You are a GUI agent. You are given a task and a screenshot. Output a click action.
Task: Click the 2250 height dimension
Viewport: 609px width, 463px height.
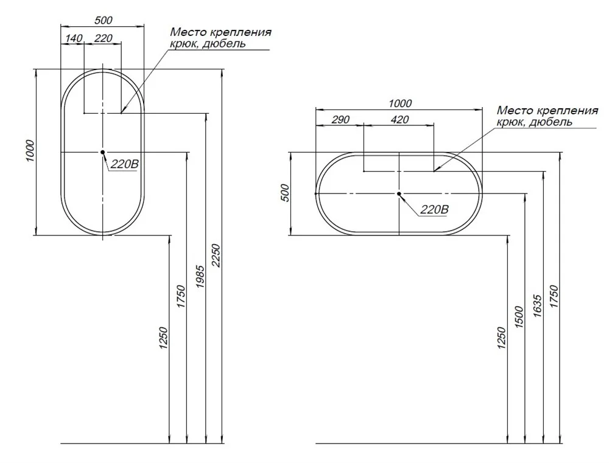216,256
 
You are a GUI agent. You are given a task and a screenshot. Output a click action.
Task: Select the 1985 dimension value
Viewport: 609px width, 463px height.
200,276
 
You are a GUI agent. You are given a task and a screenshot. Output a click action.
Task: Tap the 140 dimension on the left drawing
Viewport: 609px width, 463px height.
74,38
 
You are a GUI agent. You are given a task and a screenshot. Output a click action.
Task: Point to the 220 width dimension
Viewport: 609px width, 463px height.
104,38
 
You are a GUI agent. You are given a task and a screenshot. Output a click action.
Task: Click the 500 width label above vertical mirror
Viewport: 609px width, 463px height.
104,20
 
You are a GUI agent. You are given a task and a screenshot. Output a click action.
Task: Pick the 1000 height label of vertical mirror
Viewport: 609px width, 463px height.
30,151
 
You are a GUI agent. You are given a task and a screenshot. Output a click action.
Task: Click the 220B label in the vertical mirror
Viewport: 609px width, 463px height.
124,164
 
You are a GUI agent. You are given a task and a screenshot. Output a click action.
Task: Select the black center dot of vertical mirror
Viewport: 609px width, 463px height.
102,152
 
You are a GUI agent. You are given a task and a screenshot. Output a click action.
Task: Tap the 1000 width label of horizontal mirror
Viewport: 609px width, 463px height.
400,103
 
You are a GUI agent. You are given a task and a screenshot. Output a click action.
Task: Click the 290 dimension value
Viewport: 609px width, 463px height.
340,119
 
